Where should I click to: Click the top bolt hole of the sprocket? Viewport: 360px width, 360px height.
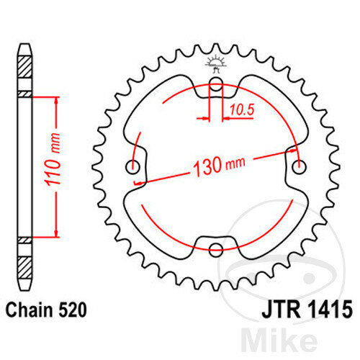click(216, 84)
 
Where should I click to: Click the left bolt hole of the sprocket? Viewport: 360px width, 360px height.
click(132, 166)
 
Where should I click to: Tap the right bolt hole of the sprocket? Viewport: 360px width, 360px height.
click(299, 166)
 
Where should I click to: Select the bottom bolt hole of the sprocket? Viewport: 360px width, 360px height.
click(216, 249)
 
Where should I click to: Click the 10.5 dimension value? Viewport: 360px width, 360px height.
click(242, 110)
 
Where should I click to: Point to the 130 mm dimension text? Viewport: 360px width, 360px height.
click(219, 166)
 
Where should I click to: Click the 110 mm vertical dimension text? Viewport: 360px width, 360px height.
click(53, 160)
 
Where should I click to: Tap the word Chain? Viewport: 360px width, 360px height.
click(30, 310)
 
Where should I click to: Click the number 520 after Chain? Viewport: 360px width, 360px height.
click(72, 310)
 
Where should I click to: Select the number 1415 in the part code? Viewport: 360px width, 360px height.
click(330, 310)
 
